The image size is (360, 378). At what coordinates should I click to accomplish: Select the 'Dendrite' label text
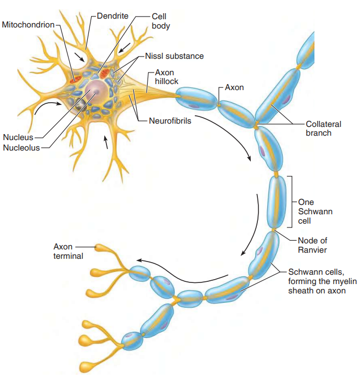pos(113,16)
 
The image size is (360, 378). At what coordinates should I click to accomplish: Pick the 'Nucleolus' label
pos(21,147)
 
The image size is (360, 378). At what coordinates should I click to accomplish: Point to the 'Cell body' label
pos(161,21)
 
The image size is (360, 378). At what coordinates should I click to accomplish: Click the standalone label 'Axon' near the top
pos(234,87)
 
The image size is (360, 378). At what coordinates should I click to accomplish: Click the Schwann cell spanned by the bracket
pos(277,201)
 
